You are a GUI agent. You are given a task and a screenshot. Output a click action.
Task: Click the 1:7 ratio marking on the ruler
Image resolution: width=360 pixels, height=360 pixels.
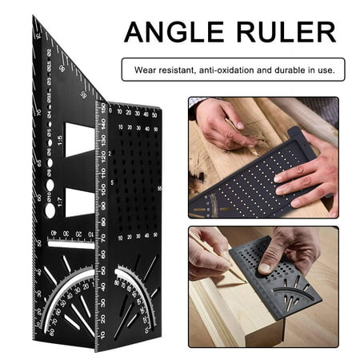coord(59,198)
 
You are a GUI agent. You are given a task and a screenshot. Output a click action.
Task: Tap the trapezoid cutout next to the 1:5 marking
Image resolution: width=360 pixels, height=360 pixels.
coord(80,138)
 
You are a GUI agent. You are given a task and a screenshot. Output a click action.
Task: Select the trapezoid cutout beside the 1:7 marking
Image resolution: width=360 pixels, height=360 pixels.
coord(80,200)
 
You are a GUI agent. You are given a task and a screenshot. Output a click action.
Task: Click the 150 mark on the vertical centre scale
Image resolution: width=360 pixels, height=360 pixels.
coord(102,107)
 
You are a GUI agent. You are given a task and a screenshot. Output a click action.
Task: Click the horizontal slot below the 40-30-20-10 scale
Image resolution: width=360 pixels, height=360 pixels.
coord(70,245)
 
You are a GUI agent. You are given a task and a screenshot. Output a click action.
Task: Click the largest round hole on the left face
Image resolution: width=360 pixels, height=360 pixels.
coord(50,210)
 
